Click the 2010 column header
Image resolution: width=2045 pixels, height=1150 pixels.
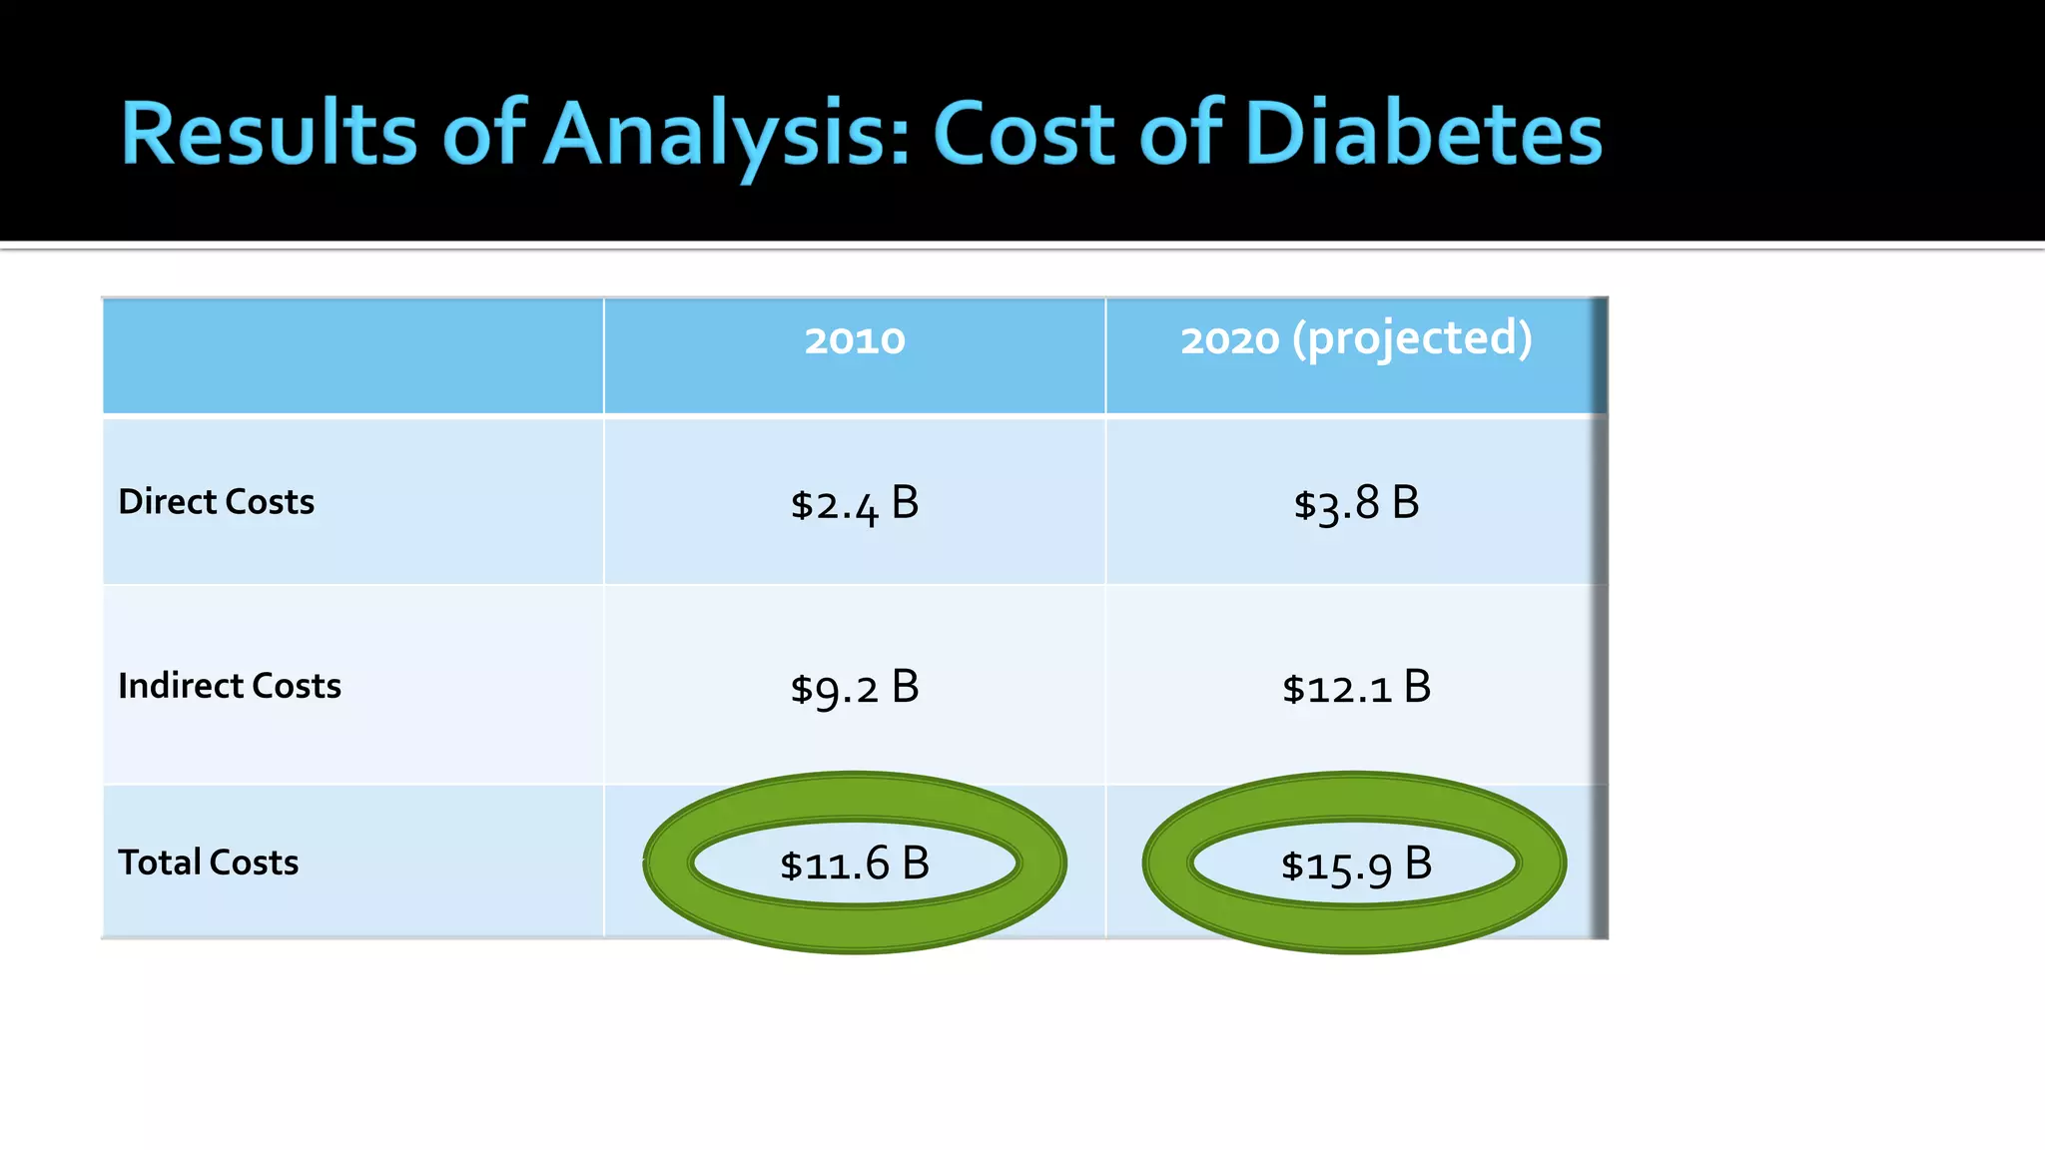[855, 341]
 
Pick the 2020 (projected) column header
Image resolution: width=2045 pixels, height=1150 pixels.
[1356, 339]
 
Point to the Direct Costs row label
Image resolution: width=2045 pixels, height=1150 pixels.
[216, 501]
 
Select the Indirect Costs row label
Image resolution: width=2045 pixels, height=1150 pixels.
[230, 686]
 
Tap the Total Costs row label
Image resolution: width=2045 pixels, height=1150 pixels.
[208, 862]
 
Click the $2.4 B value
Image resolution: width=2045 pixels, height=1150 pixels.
[855, 504]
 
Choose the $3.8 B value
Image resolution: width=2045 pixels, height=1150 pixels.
[1356, 504]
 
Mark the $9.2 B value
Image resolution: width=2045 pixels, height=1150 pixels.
[855, 688]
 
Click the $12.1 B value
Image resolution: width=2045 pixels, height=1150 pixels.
[1356, 688]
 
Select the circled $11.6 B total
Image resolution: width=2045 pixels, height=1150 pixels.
[855, 863]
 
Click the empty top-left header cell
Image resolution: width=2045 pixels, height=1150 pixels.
[352, 356]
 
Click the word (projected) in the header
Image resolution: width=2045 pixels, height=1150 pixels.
[1412, 339]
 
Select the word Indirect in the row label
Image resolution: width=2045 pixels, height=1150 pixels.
[181, 686]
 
